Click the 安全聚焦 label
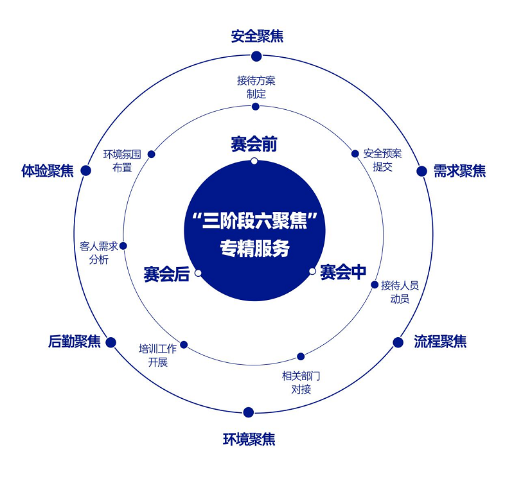257,36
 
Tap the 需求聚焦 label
459,171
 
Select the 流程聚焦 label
440,342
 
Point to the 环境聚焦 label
249,440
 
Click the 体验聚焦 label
48,171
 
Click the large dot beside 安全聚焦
256,56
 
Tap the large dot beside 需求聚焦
421,171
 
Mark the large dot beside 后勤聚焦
111,342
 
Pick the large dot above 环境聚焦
249,412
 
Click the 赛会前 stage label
254,144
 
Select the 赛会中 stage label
343,272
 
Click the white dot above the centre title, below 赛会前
254,161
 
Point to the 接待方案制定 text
256,87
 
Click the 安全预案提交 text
382,160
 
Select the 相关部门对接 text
301,382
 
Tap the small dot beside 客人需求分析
123,245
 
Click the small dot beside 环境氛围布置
152,154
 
